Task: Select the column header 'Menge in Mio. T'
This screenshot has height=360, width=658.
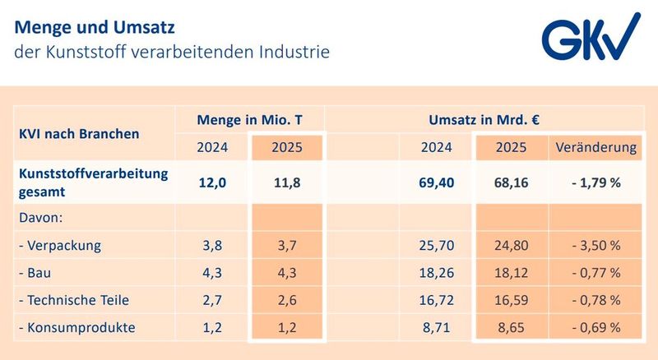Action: tap(249, 120)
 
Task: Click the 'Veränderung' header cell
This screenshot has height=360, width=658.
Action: tap(595, 148)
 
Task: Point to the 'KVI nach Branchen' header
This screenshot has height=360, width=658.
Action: tap(78, 133)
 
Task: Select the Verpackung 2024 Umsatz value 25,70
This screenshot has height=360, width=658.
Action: tap(436, 246)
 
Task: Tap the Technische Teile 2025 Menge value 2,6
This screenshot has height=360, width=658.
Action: tap(288, 300)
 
